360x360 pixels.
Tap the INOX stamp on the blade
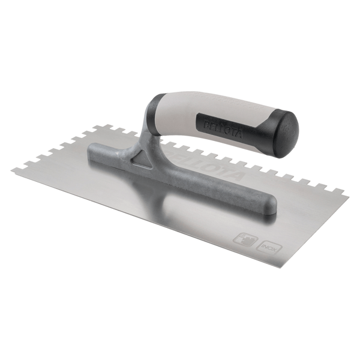[268, 245]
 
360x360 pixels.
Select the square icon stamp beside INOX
[242, 238]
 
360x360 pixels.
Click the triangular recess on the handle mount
[142, 160]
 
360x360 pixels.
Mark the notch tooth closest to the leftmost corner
[18, 166]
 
